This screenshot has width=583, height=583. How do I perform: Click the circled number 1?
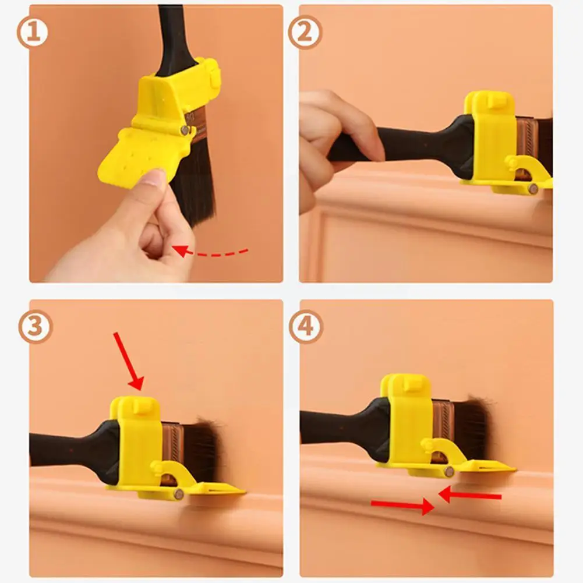[33, 33]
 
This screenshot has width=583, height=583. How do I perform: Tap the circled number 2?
[305, 33]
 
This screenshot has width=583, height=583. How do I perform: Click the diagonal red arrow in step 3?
[128, 360]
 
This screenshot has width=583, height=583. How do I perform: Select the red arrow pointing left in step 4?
[469, 495]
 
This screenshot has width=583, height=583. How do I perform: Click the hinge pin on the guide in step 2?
[533, 189]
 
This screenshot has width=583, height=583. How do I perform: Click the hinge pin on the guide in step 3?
[178, 494]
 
